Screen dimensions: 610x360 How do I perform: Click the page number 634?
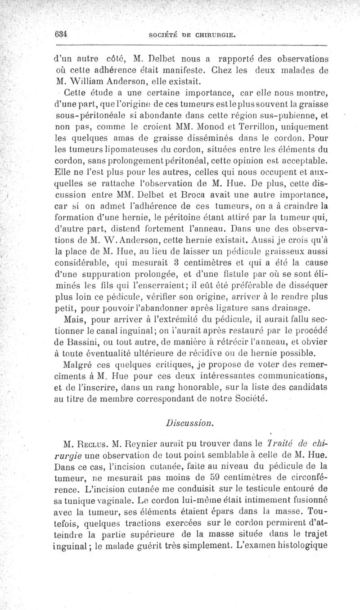coord(59,34)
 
